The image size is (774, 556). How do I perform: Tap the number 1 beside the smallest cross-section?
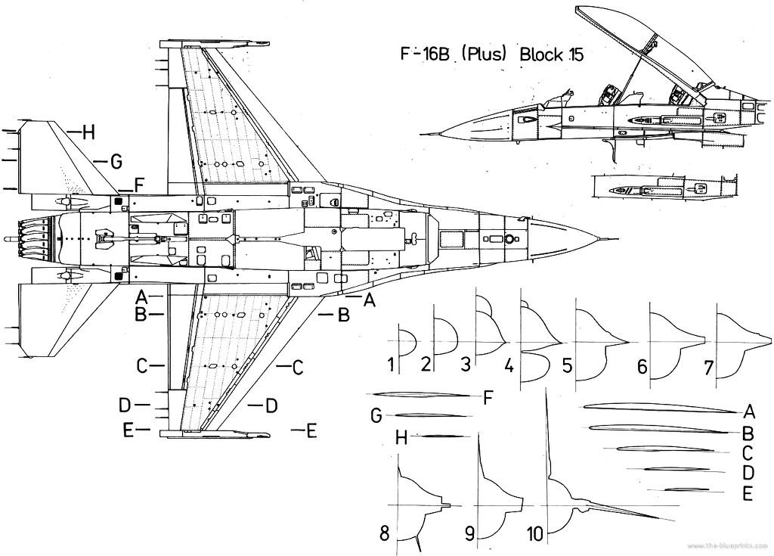[x=391, y=365]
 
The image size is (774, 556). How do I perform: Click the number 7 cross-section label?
[x=709, y=368]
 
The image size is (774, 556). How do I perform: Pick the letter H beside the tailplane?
[x=88, y=132]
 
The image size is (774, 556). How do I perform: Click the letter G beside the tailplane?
[x=115, y=161]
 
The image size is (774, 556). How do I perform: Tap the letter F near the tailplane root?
[x=138, y=184]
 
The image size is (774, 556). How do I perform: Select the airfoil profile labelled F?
[x=423, y=395]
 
